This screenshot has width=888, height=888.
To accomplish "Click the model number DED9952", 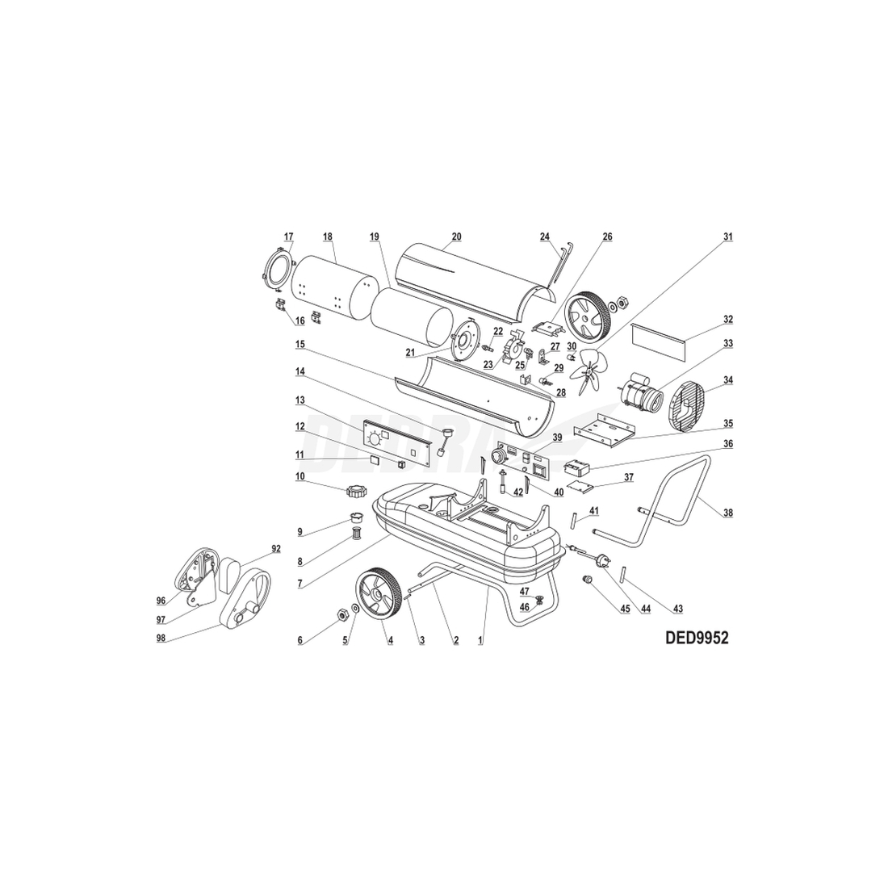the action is [x=697, y=638].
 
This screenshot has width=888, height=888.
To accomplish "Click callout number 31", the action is [x=727, y=237].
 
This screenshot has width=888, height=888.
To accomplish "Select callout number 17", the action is [x=289, y=237].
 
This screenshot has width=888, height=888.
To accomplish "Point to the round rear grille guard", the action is [x=687, y=404].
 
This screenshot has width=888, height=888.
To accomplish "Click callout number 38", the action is [x=727, y=513].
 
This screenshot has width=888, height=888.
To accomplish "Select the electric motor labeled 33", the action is [x=640, y=392].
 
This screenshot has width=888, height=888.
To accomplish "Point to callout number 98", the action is [x=161, y=638].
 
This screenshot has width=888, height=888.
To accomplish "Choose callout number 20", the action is [x=456, y=237].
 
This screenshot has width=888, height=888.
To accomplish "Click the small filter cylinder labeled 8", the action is [x=357, y=534].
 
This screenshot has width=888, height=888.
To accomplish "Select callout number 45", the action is [x=625, y=609].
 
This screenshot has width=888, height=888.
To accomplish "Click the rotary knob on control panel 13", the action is [x=374, y=439].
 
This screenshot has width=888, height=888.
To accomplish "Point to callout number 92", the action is [x=276, y=548].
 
